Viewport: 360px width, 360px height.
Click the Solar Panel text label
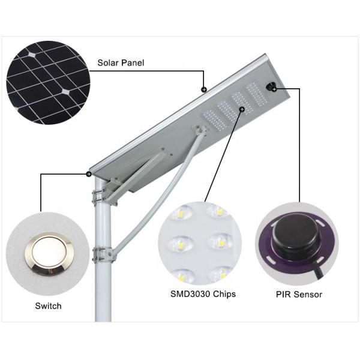pos(121,62)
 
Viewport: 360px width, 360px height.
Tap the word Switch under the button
pos(48,306)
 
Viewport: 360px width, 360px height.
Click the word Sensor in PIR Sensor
pos(310,294)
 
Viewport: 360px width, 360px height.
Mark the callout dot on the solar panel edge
pos(204,89)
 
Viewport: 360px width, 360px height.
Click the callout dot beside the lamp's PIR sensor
pos(274,89)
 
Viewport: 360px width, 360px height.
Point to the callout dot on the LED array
pos(242,110)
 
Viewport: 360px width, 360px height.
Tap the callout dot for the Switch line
pos(89,175)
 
